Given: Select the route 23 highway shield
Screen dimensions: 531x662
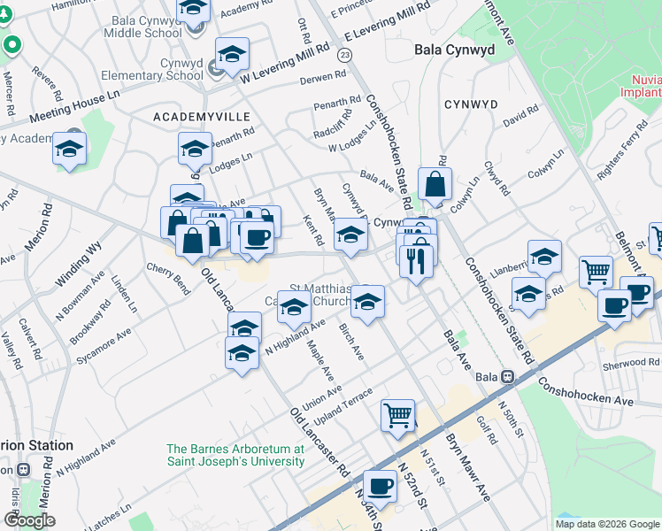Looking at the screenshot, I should click(345, 55).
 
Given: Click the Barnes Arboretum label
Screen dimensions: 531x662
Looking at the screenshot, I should click(235, 455).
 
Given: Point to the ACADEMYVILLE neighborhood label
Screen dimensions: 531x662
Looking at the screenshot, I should click(202, 117).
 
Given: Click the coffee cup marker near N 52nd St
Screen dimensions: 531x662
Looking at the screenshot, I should click(381, 484).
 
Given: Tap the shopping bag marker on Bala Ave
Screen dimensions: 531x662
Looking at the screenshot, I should click(435, 185).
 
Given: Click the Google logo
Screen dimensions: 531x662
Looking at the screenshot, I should click(29, 520).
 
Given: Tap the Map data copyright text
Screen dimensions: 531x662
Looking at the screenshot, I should click(607, 523).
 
